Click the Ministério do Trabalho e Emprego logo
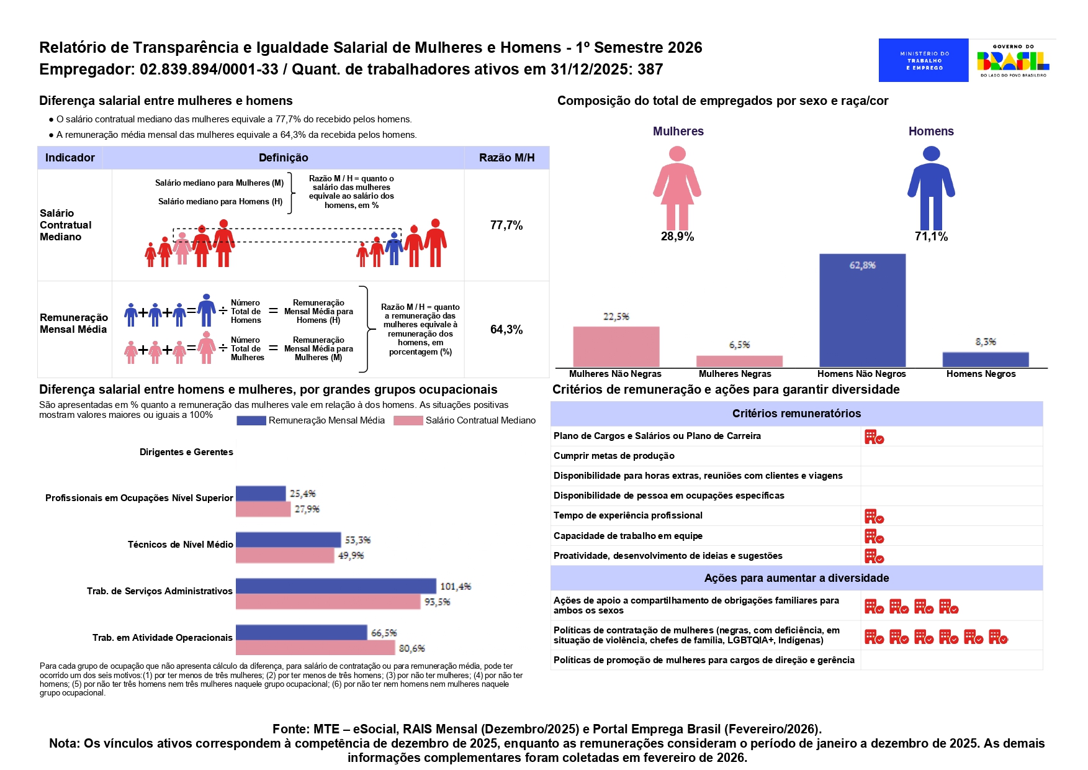click(923, 60)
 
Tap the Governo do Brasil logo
click(1012, 60)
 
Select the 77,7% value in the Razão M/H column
click(506, 225)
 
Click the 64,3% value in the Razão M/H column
click(506, 330)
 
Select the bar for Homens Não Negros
click(862, 310)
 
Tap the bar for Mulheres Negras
click(739, 361)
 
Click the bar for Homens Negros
click(985, 360)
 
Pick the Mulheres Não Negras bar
click(616, 346)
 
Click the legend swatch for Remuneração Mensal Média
click(251, 421)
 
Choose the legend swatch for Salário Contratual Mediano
click(408, 421)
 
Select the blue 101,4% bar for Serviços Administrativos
click(336, 586)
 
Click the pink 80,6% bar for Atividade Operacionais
click(315, 648)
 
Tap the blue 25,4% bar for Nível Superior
click(261, 494)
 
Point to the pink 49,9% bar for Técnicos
click(285, 555)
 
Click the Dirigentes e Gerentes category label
click(186, 452)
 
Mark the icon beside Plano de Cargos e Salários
click(874, 437)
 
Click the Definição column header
click(283, 158)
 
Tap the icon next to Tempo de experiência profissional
click(874, 517)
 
